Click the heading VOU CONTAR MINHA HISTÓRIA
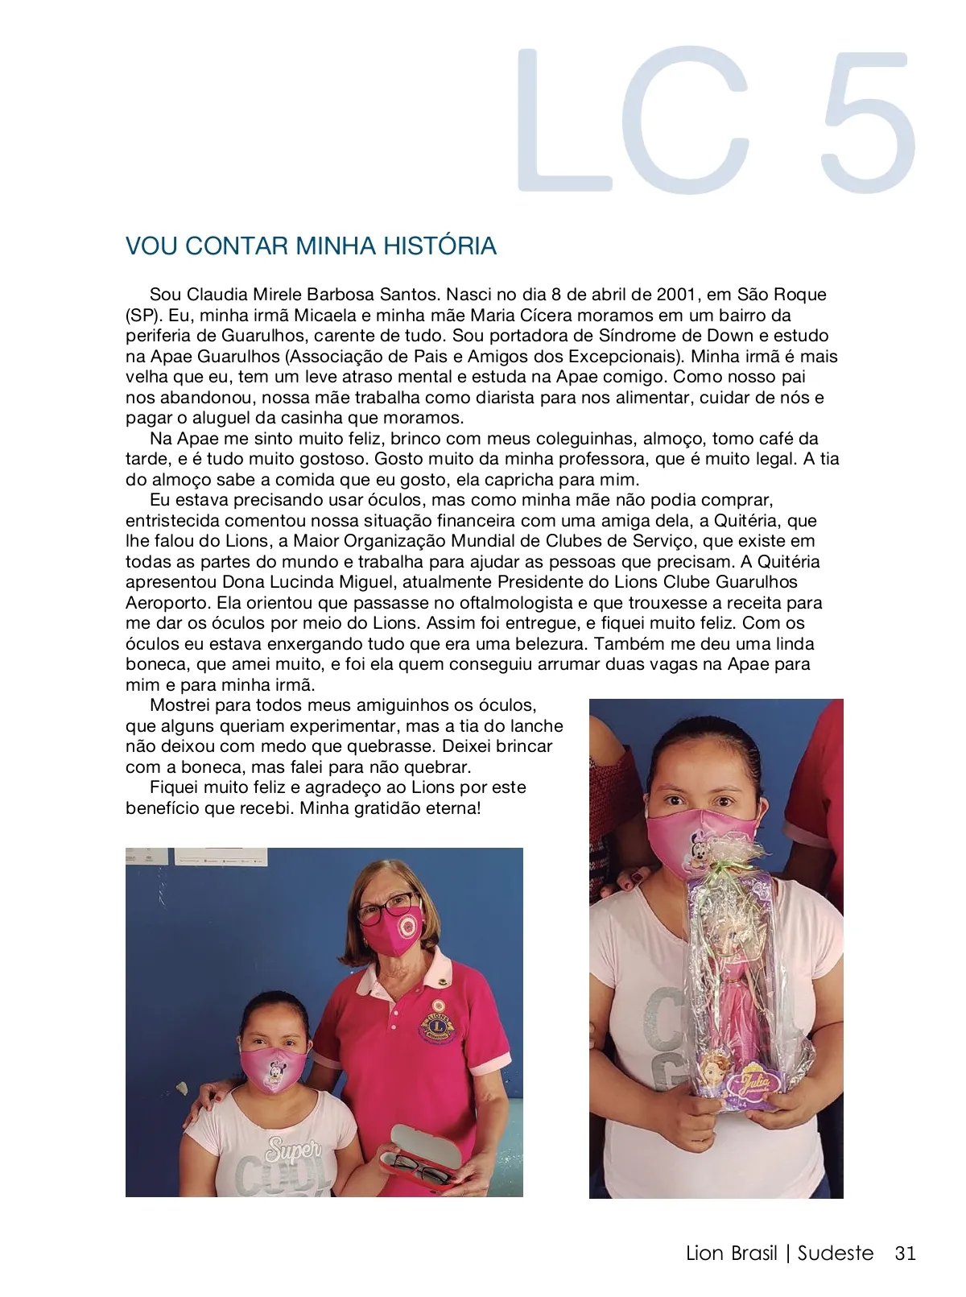coord(311,246)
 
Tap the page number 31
coord(905,1253)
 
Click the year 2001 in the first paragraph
coord(678,295)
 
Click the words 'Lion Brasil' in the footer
coord(731,1253)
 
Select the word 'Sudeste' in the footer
coord(836,1253)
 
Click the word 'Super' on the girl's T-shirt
coord(293,1149)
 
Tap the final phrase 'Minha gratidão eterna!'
coord(390,808)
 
